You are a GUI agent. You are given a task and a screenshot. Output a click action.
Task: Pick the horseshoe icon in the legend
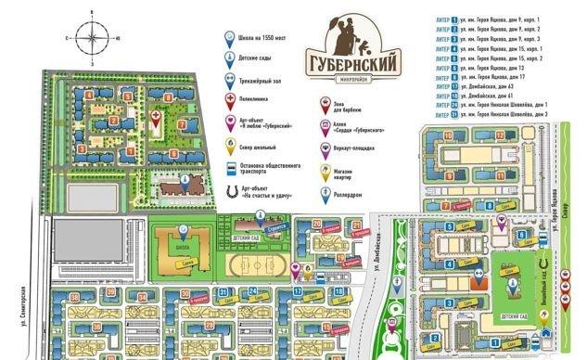point(230,190)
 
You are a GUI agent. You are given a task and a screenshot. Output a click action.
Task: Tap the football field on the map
point(249,263)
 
